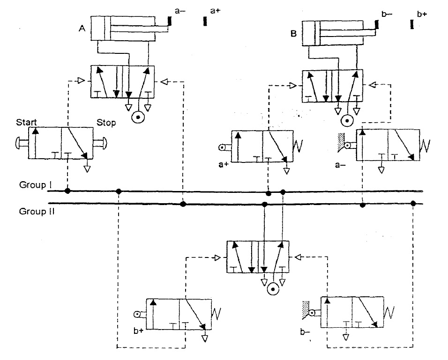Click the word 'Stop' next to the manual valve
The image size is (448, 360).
106,123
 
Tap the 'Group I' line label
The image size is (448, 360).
36,184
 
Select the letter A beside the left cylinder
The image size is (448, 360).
82,28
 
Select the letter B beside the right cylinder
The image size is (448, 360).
295,34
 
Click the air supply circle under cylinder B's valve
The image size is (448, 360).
347,121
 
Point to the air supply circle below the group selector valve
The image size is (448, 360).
273,290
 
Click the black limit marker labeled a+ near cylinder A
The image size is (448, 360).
205,21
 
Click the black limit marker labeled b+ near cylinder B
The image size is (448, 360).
411,24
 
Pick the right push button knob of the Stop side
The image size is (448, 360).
102,142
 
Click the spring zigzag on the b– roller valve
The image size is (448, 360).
390,312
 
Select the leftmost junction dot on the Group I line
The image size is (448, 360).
67,191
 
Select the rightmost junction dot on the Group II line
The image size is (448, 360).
413,203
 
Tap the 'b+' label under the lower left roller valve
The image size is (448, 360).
137,331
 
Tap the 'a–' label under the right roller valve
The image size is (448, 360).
341,165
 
